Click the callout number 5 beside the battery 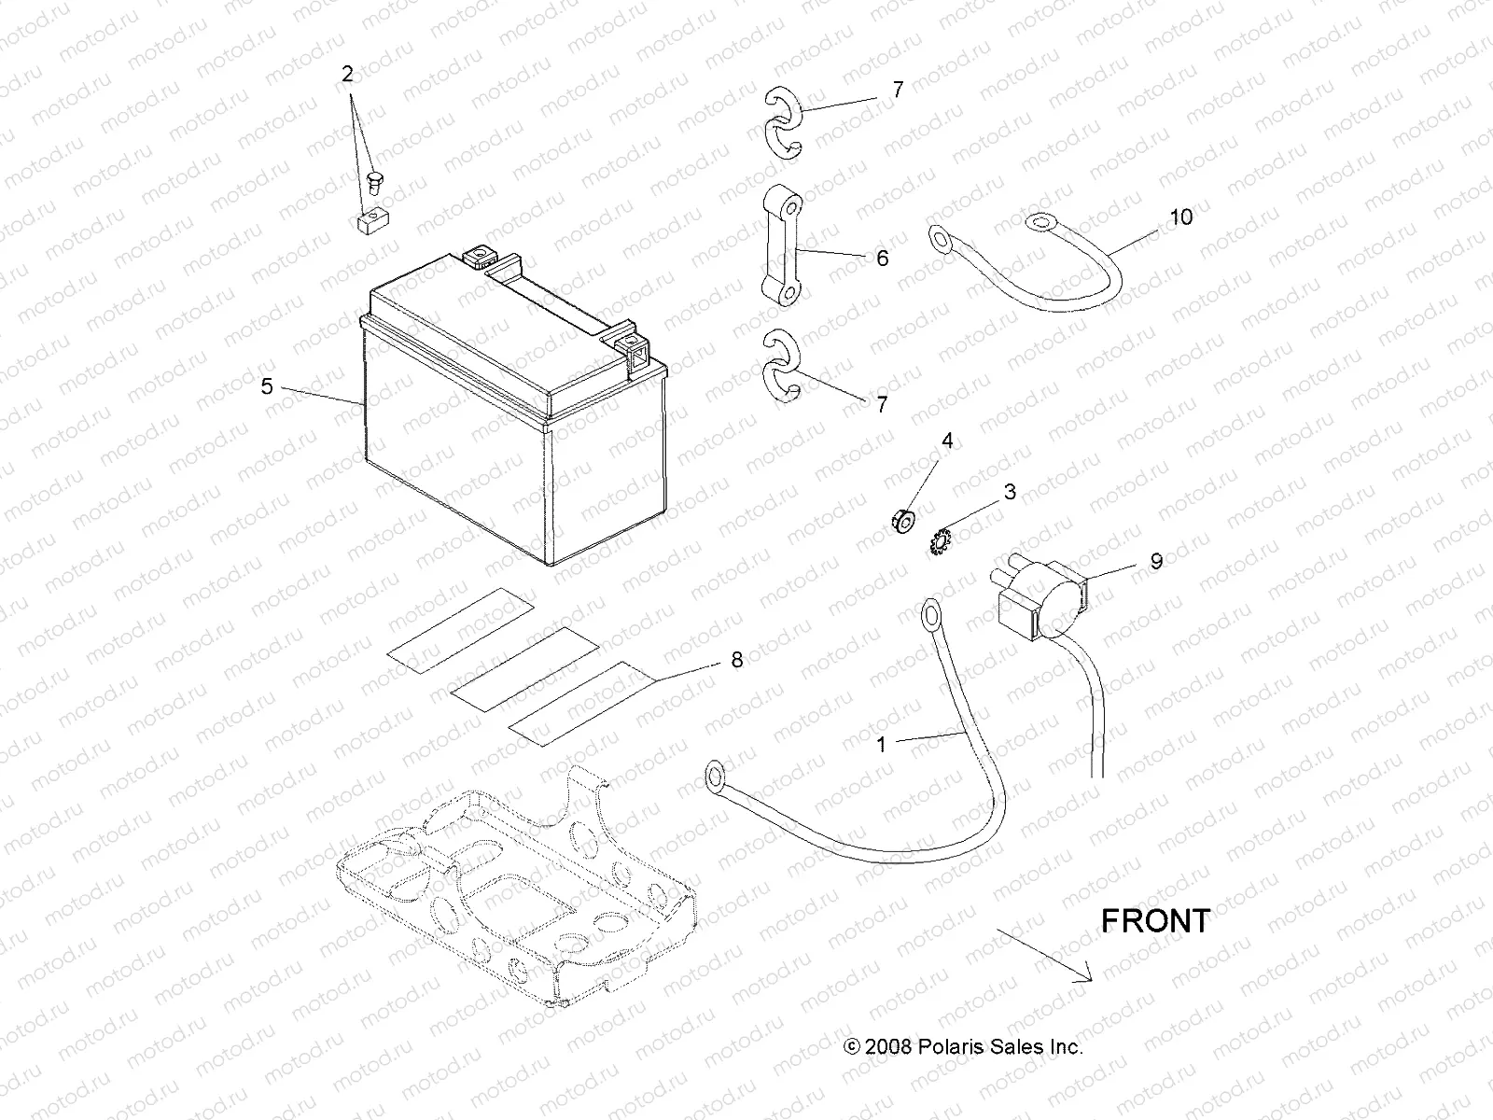pyautogui.click(x=267, y=385)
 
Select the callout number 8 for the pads pyautogui.click(x=736, y=660)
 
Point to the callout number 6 pyautogui.click(x=882, y=258)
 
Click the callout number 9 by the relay pyautogui.click(x=1155, y=562)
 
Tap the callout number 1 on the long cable pyautogui.click(x=881, y=744)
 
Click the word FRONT pyautogui.click(x=1155, y=920)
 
